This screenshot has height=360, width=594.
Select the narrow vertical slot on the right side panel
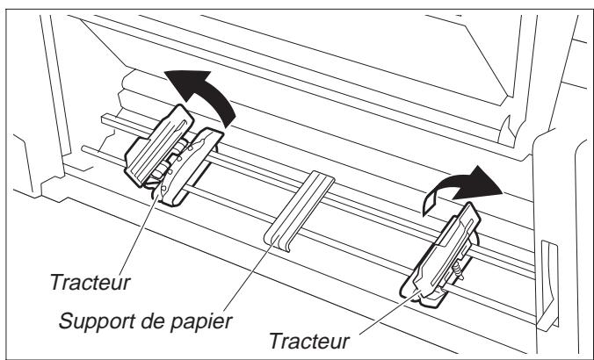coord(551,267)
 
